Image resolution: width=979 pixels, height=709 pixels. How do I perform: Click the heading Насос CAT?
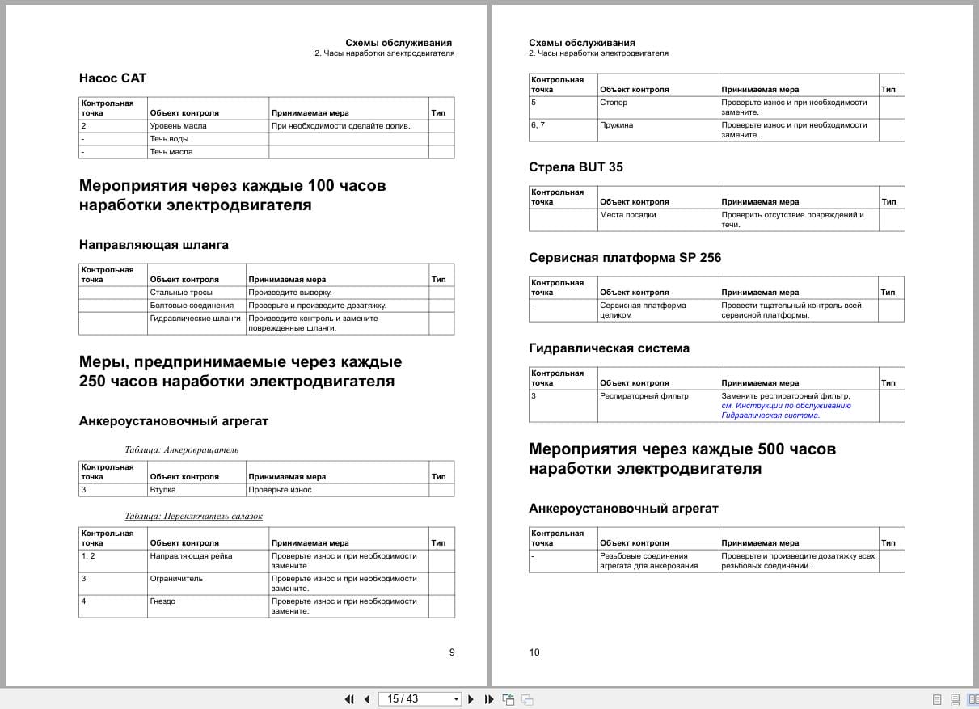113,78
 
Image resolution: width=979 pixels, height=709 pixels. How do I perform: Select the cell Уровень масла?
178,126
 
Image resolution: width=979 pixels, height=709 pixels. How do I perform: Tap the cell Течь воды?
170,139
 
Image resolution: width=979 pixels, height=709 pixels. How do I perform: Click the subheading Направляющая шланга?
154,245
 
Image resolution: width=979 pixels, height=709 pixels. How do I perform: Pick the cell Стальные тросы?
181,293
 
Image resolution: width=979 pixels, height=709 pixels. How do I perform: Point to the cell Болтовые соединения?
192,306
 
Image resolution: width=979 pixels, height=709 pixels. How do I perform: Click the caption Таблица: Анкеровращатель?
182,449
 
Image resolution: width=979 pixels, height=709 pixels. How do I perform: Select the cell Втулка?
163,490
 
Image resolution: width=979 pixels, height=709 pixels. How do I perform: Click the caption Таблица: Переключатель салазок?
194,516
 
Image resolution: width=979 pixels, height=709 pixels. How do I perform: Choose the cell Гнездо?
164,601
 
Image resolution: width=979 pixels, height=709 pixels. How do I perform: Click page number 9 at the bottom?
452,652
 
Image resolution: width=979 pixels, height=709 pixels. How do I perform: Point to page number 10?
534,652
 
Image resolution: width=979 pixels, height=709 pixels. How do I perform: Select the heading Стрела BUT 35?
576,167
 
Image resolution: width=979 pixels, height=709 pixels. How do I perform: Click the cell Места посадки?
628,215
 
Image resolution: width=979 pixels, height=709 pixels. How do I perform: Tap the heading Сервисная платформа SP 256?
625,258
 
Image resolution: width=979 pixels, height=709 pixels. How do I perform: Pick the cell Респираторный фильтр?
644,396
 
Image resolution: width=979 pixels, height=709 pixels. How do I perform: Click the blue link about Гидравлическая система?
786,411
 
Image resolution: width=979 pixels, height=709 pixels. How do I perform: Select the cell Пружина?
617,125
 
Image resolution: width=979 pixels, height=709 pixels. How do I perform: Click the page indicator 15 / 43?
403,698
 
